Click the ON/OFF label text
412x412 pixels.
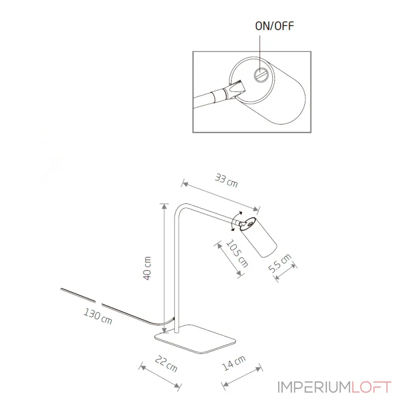[274, 26]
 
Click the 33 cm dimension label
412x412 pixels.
[226, 181]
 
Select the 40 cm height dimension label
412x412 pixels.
[147, 268]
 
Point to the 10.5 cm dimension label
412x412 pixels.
[237, 253]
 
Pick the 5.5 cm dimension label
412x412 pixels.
[280, 263]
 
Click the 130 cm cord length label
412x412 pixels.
[98, 316]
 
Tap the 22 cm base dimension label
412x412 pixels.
[166, 364]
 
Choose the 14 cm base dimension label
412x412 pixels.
[234, 363]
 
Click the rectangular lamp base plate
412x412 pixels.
[195, 339]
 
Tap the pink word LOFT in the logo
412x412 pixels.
[371, 387]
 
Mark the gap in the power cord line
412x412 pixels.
[98, 303]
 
